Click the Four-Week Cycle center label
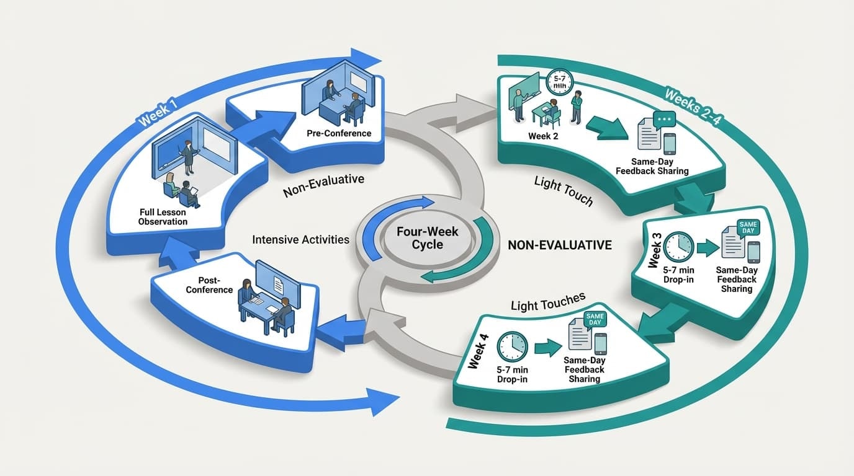pos(427,237)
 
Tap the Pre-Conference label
pos(339,133)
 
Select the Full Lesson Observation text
pos(163,217)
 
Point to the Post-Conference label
pos(209,285)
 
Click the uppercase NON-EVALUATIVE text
pos(559,245)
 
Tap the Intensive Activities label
pos(301,239)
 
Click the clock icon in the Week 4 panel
pos(512,348)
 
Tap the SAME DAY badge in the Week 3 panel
pos(748,227)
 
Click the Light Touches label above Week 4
pos(548,302)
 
